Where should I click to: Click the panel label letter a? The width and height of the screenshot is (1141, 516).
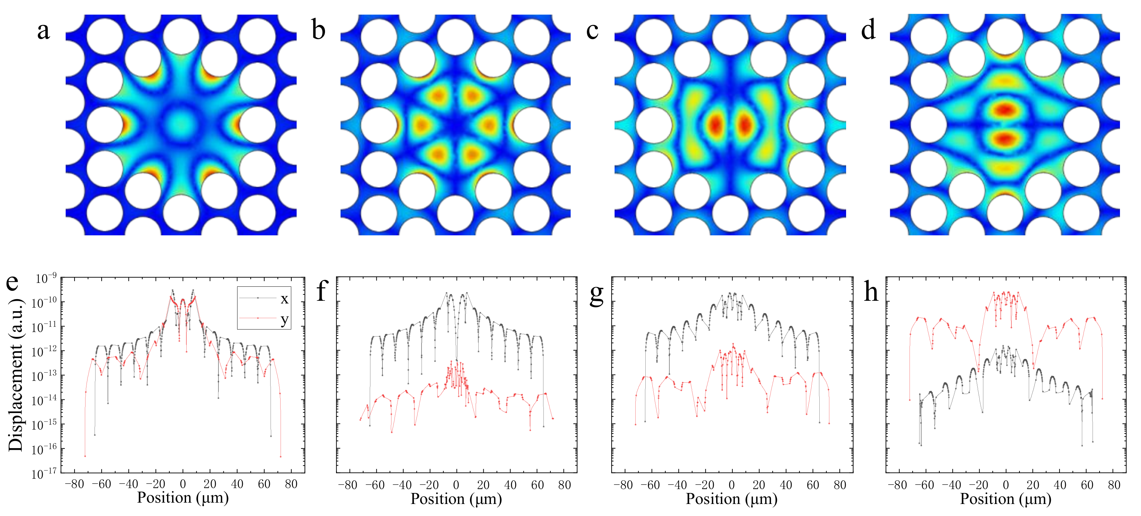(x=43, y=31)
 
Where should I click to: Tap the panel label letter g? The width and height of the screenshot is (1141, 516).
(x=596, y=293)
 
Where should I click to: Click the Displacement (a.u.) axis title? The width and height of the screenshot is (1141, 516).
(x=15, y=375)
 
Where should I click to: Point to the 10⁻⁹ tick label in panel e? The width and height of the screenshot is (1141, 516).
(x=46, y=279)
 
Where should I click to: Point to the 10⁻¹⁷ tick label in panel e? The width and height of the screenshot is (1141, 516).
(x=44, y=474)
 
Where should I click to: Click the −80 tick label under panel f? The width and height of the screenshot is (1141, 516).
(x=347, y=485)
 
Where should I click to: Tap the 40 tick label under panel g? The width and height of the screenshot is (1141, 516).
(x=786, y=485)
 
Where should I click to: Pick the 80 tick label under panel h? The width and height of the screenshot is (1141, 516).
(x=1114, y=485)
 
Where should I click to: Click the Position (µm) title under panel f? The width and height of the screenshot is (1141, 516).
(x=456, y=499)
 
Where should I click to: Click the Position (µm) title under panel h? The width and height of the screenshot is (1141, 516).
(x=1005, y=499)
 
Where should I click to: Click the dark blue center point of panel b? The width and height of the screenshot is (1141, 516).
(x=455, y=125)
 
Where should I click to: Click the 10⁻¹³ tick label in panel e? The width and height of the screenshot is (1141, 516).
(x=44, y=376)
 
